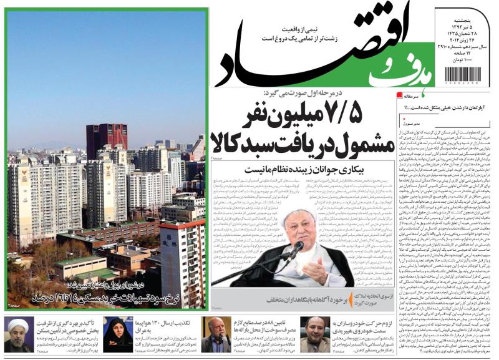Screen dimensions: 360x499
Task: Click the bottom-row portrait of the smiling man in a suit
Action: point(315,334)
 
